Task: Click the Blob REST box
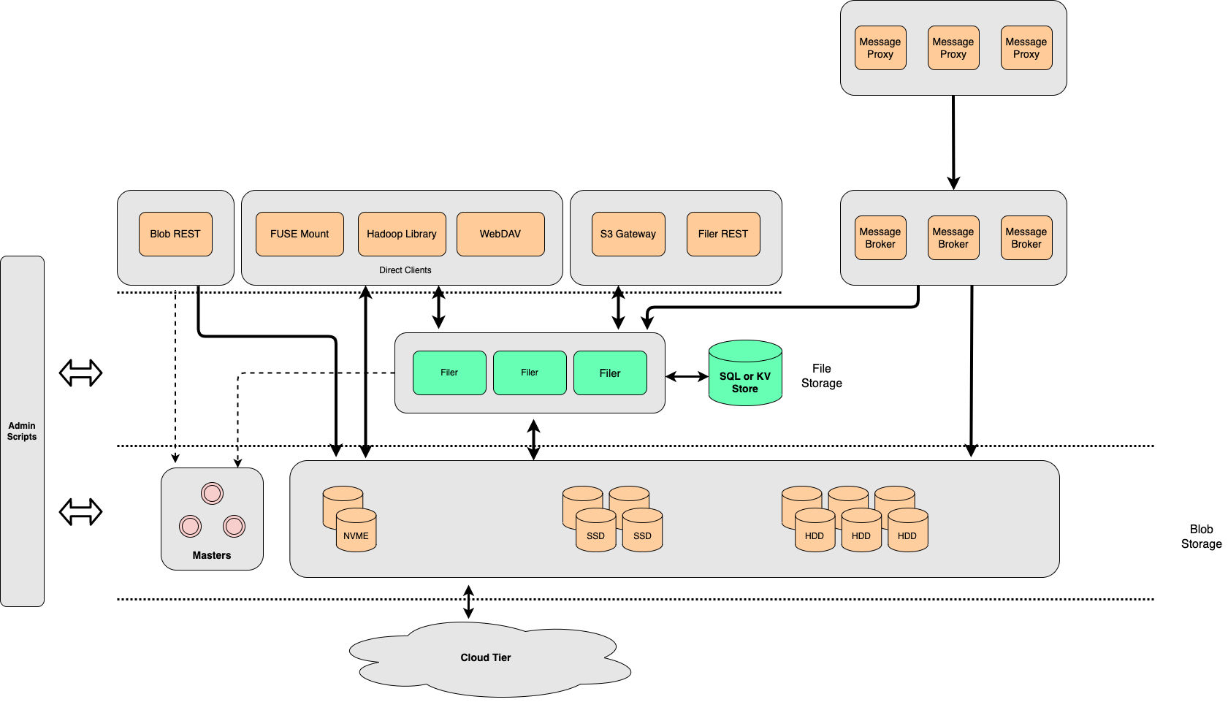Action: click(175, 234)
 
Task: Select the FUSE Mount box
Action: click(300, 234)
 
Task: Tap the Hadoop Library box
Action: click(402, 234)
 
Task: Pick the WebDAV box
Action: click(500, 234)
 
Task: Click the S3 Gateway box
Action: click(628, 234)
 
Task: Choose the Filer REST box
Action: click(723, 234)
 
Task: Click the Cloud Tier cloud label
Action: click(486, 657)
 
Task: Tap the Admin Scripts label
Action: click(22, 431)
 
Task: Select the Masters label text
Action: click(212, 555)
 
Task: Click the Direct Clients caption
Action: click(405, 270)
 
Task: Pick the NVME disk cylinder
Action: click(356, 532)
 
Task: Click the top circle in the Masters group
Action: click(212, 494)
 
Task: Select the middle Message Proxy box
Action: click(953, 48)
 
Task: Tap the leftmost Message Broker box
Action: click(880, 238)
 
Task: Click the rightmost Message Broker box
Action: click(1026, 238)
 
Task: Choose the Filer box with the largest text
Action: click(610, 373)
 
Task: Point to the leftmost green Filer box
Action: click(449, 373)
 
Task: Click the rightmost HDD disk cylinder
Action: click(907, 532)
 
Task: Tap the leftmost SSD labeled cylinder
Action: click(595, 532)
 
